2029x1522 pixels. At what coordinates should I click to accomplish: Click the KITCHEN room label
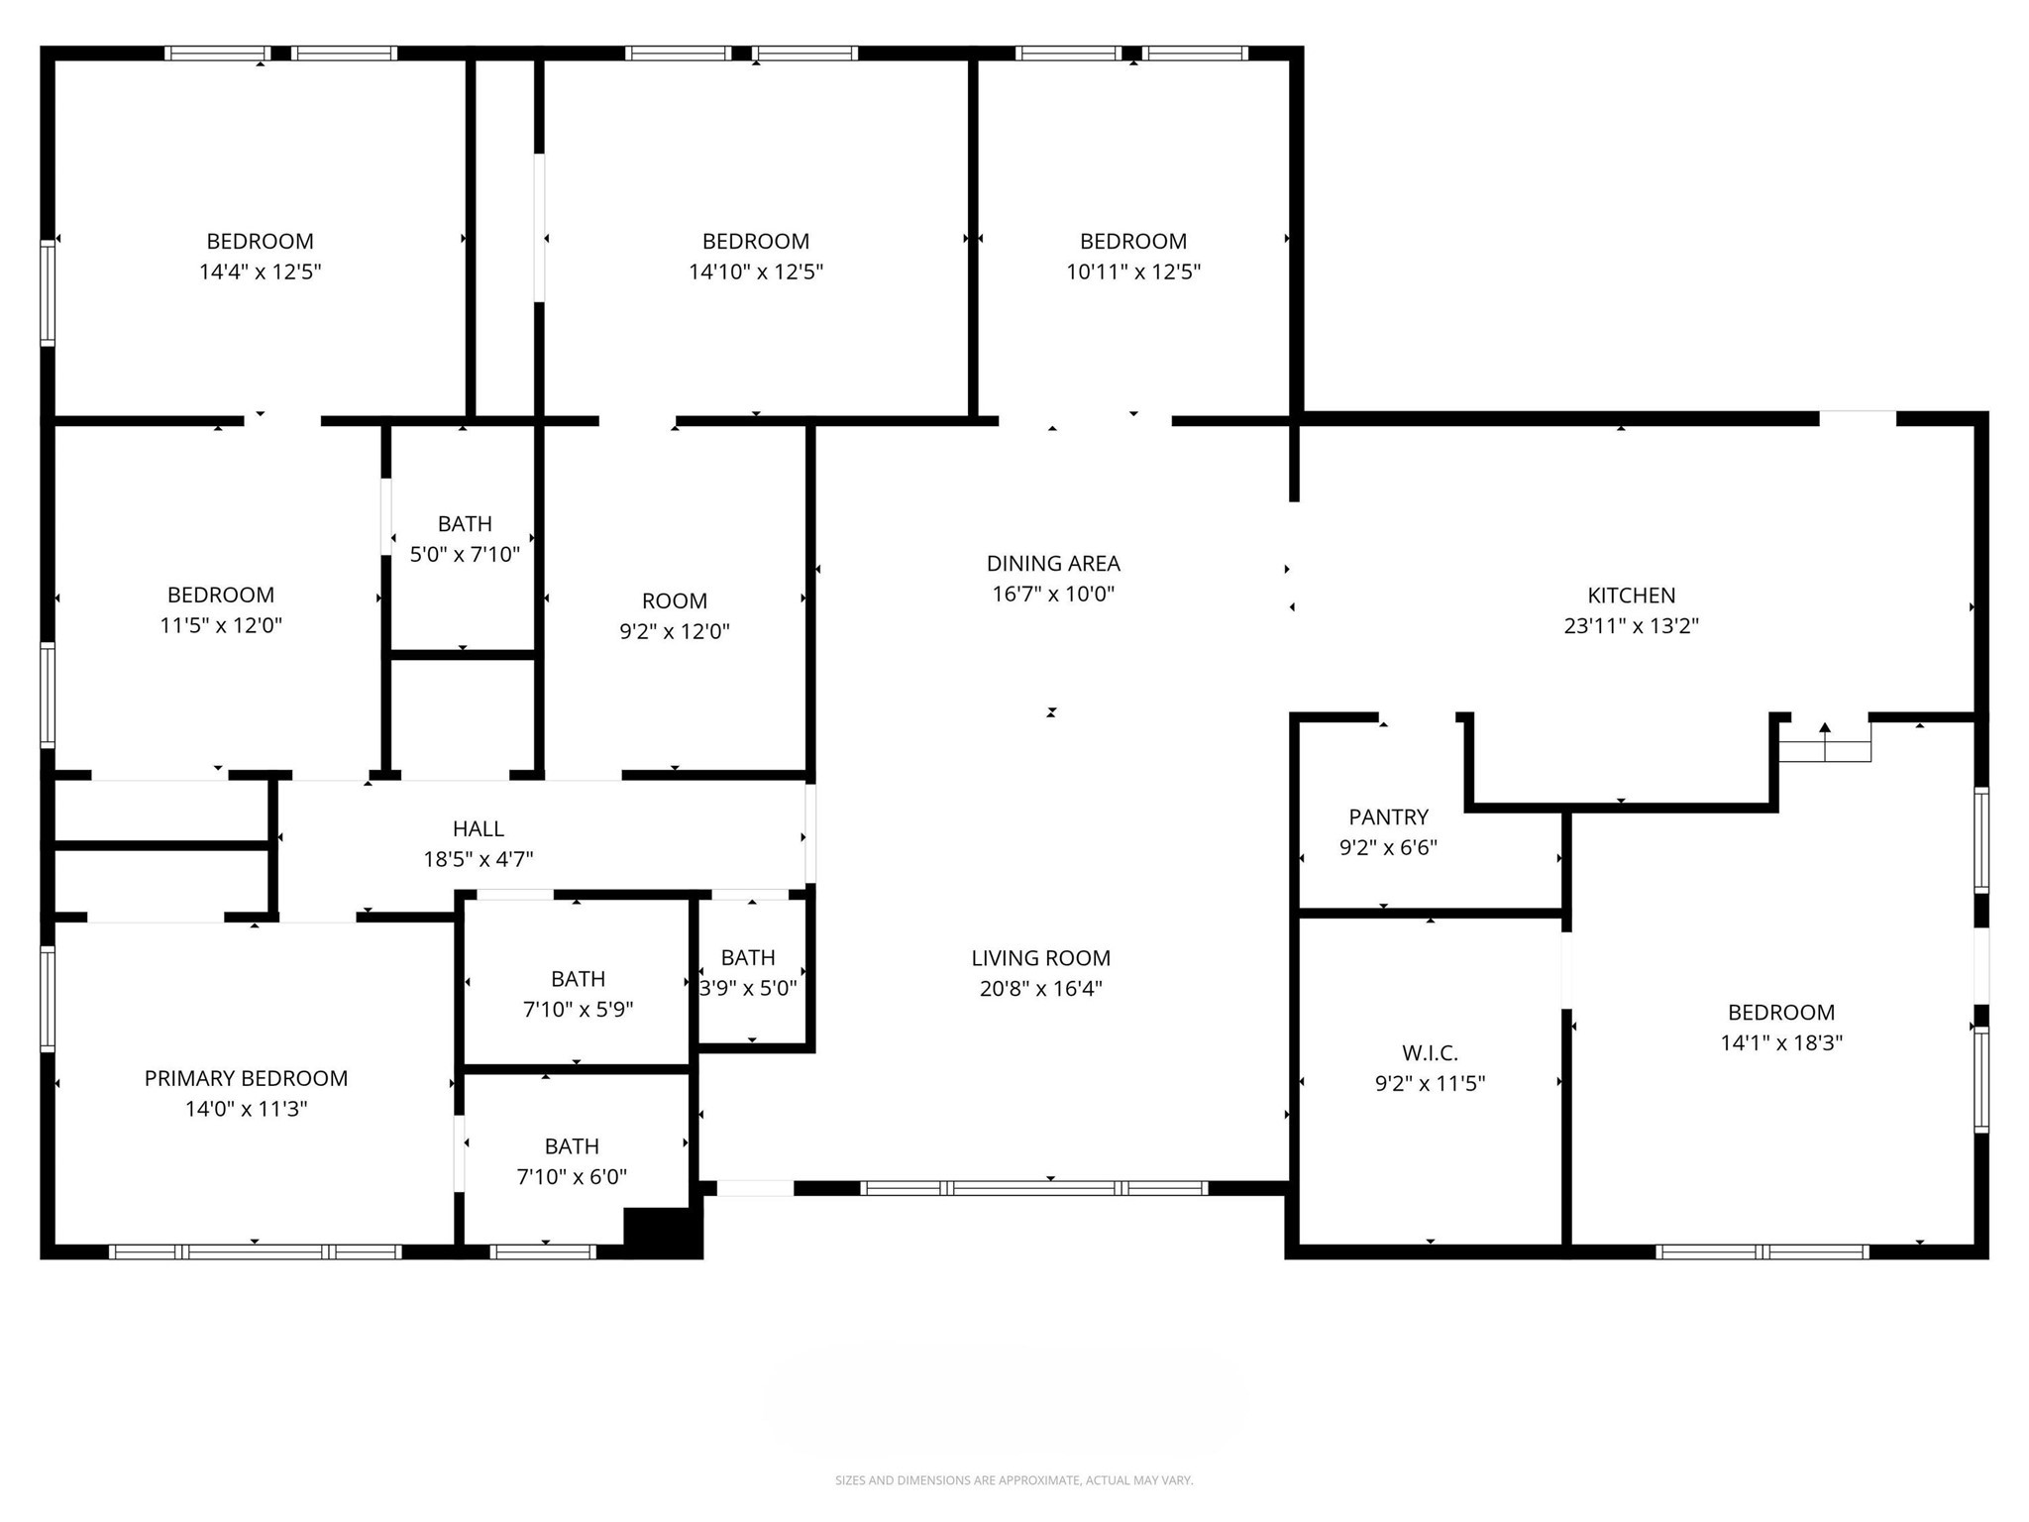[1631, 596]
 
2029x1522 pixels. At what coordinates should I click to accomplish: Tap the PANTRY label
[1388, 817]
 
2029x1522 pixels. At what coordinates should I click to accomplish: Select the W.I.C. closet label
[1430, 1053]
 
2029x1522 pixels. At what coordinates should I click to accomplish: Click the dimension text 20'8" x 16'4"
[1040, 989]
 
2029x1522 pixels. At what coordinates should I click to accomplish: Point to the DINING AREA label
[1053, 564]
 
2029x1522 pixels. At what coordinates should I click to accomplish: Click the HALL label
[479, 829]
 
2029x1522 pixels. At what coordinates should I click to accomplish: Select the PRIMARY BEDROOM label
[246, 1079]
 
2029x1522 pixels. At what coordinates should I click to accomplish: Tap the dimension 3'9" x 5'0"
[748, 989]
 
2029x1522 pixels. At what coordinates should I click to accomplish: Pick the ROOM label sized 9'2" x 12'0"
[675, 601]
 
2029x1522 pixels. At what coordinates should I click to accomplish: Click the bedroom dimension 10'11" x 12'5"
[1133, 272]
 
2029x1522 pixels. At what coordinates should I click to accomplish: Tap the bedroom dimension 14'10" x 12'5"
[756, 272]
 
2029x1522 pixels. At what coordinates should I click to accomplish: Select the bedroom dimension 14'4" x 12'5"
[260, 272]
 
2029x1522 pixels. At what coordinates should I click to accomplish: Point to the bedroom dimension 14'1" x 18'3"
[1781, 1043]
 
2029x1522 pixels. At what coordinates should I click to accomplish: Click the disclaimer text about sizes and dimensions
[1014, 1480]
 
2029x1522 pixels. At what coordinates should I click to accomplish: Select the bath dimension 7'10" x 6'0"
[572, 1177]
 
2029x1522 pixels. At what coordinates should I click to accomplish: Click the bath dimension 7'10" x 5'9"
[578, 1010]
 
